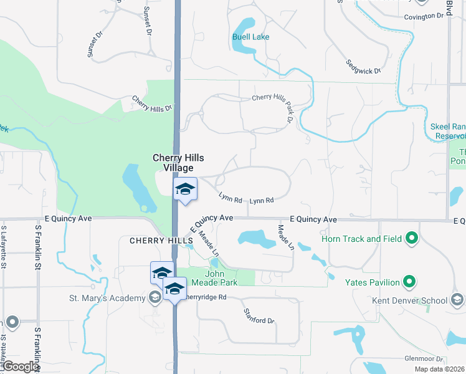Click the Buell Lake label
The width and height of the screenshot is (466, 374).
pyautogui.click(x=251, y=37)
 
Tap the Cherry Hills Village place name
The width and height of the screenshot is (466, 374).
pyautogui.click(x=179, y=163)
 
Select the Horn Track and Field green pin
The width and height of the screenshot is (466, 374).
pyautogui.click(x=411, y=238)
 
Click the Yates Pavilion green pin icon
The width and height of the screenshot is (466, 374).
pyautogui.click(x=410, y=282)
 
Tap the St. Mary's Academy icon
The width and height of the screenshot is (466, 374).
pyautogui.click(x=154, y=299)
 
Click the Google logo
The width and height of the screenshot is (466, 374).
pyautogui.click(x=21, y=367)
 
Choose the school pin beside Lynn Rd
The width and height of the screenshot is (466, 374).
pyautogui.click(x=184, y=189)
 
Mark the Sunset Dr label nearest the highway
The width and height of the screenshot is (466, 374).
pyautogui.click(x=148, y=20)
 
